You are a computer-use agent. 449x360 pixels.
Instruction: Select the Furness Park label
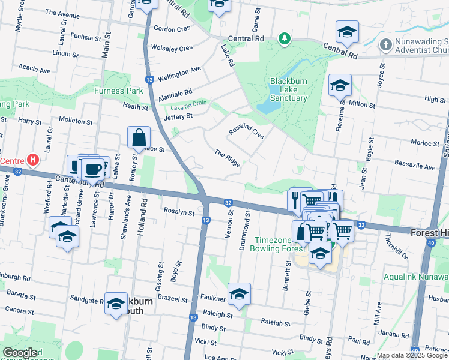[118, 91]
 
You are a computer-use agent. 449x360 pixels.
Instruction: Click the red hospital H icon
[34, 161]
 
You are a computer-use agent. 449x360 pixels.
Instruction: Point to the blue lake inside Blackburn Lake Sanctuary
[268, 106]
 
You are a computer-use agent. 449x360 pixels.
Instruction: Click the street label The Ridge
[228, 158]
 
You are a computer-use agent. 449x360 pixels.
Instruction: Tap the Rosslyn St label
[179, 212]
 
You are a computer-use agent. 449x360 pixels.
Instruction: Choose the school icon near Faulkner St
[239, 294]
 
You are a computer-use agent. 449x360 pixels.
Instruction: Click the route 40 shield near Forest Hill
[431, 242]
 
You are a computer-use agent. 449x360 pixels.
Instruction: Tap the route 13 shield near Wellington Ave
[149, 80]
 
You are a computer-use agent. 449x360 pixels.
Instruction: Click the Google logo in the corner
[20, 353]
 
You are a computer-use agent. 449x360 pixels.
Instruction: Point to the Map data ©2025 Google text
[412, 355]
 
